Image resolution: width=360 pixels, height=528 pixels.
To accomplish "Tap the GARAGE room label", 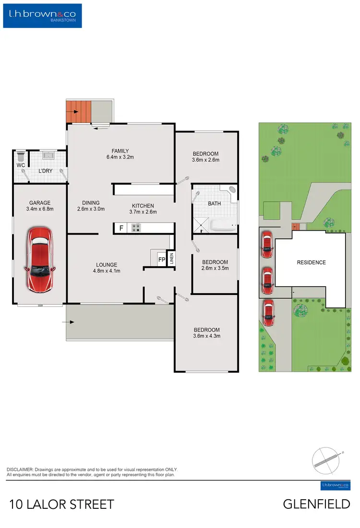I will coord(39,203).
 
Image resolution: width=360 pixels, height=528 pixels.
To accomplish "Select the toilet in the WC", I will coord(20,156).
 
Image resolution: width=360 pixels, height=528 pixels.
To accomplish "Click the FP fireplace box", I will coord(161,260).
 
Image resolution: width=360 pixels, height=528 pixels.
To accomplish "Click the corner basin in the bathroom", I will coord(233,190).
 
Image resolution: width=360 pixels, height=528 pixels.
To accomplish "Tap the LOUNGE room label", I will coord(106,265).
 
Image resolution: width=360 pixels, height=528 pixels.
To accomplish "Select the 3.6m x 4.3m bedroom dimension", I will coord(206,336).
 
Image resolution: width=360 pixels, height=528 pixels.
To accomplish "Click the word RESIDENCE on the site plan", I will coord(311,262).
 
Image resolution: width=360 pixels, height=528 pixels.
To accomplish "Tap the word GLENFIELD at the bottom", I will coord(316,505).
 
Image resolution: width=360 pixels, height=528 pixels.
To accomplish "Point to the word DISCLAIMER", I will coord(20,469).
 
